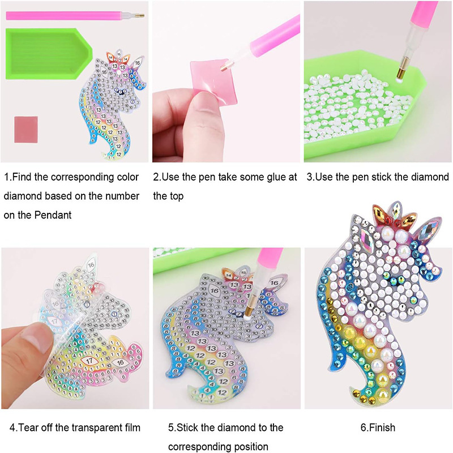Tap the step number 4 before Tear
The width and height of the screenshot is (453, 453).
point(12,428)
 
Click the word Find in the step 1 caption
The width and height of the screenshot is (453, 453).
point(23,177)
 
